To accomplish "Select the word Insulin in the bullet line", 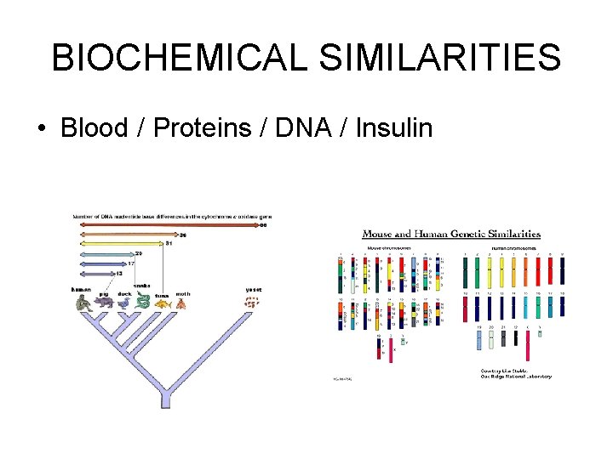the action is click(x=394, y=128).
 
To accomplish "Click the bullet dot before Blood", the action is click(x=41, y=129).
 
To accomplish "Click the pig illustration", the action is click(x=105, y=301).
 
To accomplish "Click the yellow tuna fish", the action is click(x=163, y=303).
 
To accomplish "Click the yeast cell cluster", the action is click(x=253, y=302).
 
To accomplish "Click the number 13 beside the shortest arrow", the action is click(x=118, y=273).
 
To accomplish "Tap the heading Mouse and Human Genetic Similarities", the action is click(x=451, y=234).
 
